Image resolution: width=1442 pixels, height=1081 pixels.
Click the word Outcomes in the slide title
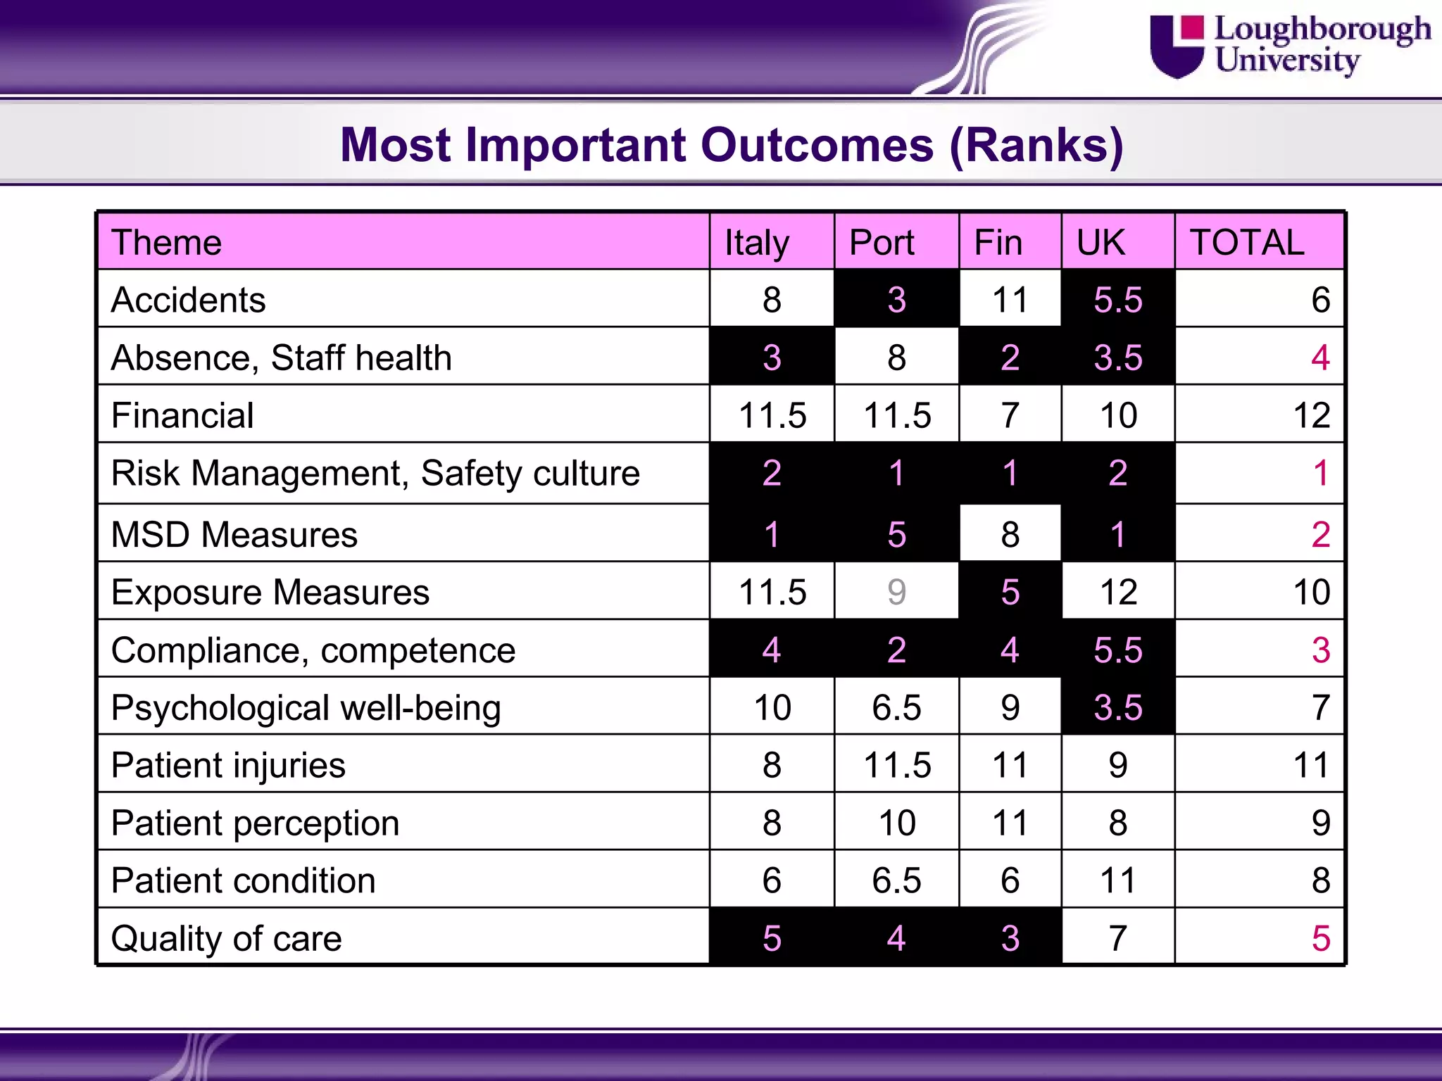817,145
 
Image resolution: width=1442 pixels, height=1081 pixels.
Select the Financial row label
182,415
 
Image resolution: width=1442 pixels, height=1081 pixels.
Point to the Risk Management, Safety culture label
375,473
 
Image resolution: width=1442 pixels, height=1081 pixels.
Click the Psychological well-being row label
306,708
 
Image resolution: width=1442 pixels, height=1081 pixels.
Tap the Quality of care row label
227,939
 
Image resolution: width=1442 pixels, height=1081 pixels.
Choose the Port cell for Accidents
896,301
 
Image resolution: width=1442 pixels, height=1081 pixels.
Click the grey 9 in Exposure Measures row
896,592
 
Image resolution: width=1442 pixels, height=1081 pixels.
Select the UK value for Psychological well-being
1117,708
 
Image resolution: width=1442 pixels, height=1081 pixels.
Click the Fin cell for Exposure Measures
1010,592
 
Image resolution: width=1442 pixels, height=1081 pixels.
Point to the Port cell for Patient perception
896,823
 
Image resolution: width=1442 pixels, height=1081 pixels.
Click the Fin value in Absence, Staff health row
1010,358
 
